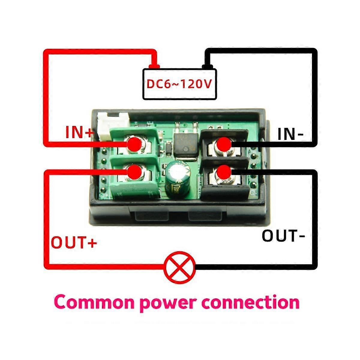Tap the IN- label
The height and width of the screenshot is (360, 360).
(290, 134)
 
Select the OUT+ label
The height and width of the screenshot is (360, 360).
(74, 242)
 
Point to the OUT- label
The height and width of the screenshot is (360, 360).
(283, 236)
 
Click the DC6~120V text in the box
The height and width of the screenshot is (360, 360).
(179, 84)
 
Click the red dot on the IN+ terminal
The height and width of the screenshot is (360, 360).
(134, 145)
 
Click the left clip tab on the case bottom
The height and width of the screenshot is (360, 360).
(149, 216)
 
